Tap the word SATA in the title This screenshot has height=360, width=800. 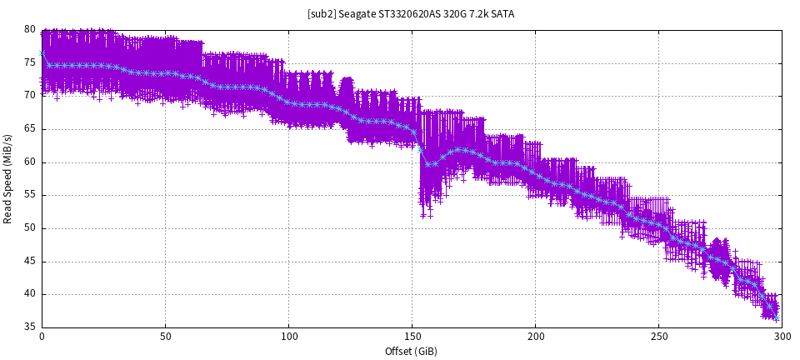[x=501, y=14]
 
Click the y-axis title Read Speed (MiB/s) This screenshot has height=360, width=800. [x=8, y=177]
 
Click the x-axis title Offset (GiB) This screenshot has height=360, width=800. [x=412, y=351]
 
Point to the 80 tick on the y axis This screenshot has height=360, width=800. [x=30, y=29]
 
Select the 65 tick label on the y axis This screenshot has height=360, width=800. [x=30, y=128]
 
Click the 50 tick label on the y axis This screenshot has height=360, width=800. [x=30, y=227]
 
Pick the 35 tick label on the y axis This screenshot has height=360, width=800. [x=30, y=327]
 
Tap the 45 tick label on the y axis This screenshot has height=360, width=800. [x=30, y=261]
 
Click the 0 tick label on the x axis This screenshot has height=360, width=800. [x=42, y=337]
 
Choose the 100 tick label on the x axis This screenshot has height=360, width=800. [x=288, y=337]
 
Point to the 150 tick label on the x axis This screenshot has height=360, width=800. [x=412, y=337]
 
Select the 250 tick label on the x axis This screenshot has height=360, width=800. [x=658, y=337]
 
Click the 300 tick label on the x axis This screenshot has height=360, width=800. [x=782, y=337]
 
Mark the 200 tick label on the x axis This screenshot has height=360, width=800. [x=535, y=337]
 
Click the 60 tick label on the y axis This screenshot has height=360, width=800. [x=30, y=162]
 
